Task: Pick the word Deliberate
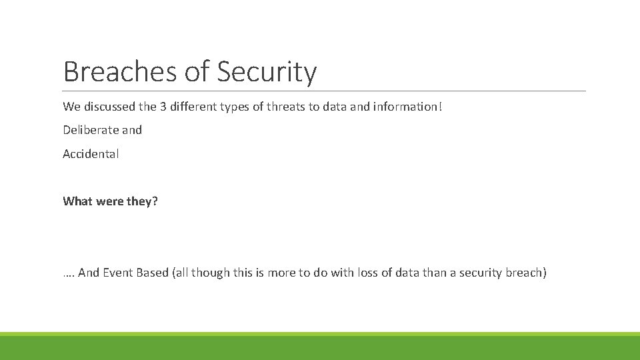[90, 130]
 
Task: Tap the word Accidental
[91, 154]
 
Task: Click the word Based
[153, 273]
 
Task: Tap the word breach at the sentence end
[527, 273]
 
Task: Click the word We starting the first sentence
[71, 107]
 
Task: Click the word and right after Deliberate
[131, 130]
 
